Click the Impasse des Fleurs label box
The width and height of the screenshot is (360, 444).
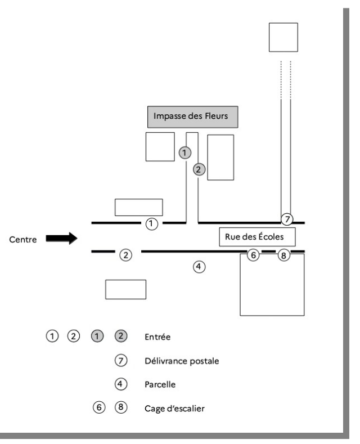tap(192, 117)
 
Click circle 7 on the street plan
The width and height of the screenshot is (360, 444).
tap(286, 218)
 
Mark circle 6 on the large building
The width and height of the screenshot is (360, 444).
tap(253, 255)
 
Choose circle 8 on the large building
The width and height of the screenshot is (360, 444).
tap(283, 255)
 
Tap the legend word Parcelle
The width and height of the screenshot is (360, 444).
tap(160, 385)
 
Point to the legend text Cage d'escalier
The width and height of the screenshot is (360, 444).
tap(174, 409)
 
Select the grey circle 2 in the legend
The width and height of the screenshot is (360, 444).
tap(120, 337)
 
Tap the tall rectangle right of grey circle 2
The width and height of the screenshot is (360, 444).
tap(221, 157)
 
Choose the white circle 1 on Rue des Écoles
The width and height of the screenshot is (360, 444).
tap(151, 223)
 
